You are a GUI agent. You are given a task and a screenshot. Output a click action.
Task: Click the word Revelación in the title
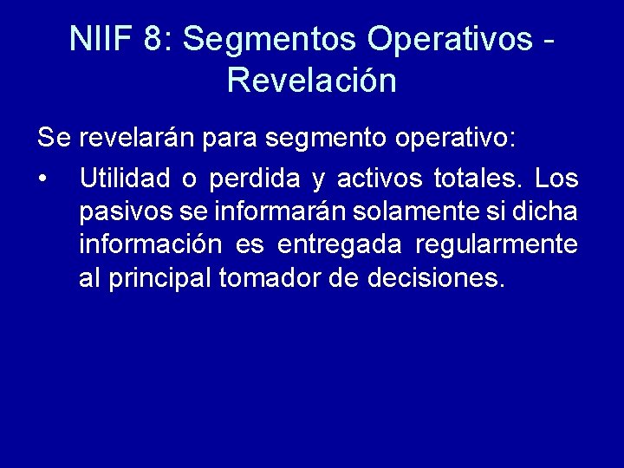click(x=311, y=81)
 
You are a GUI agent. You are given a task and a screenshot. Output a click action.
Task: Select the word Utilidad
click(x=124, y=179)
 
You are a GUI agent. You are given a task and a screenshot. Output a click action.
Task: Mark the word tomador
click(x=267, y=278)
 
